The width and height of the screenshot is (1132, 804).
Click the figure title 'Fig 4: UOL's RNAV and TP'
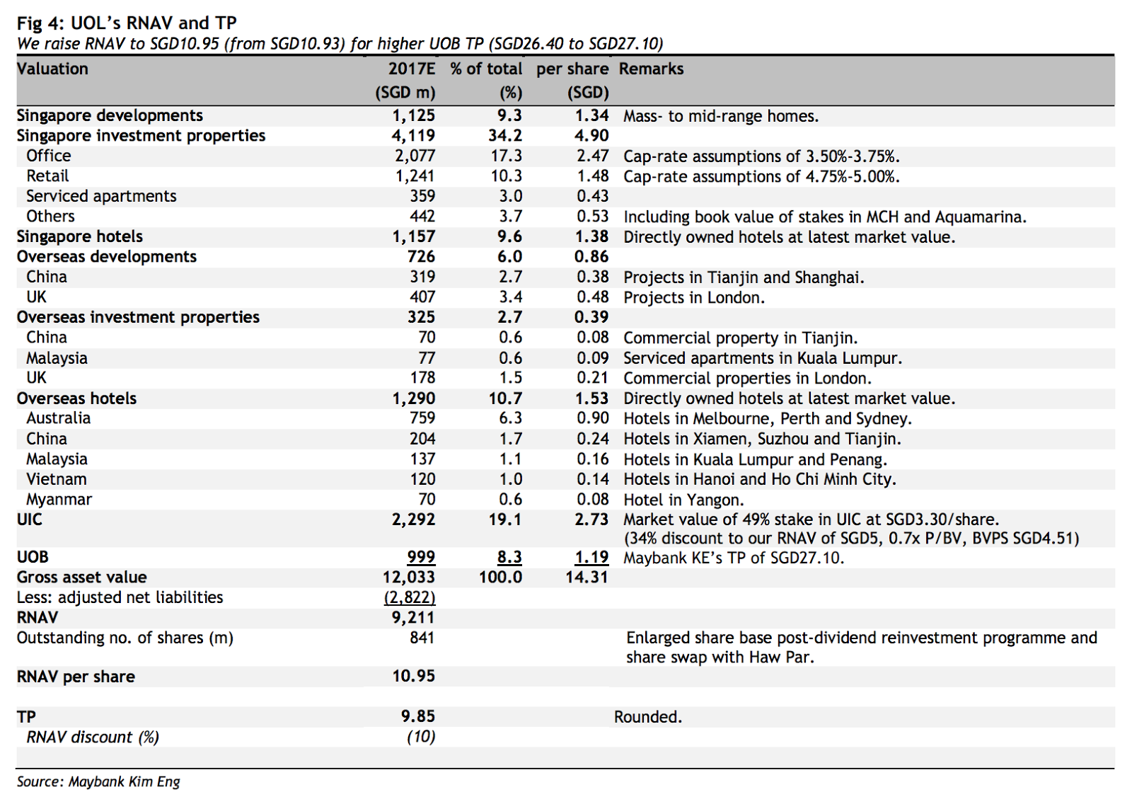pyautogui.click(x=127, y=23)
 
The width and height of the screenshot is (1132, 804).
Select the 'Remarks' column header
pyautogui.click(x=651, y=69)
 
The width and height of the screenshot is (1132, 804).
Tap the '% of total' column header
pyautogui.click(x=486, y=69)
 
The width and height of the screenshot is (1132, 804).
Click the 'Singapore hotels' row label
pyautogui.click(x=80, y=236)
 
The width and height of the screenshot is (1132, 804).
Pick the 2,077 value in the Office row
pyautogui.click(x=415, y=156)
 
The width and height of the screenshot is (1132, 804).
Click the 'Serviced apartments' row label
pyautogui.click(x=101, y=196)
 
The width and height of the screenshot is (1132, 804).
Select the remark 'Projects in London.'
pyautogui.click(x=694, y=297)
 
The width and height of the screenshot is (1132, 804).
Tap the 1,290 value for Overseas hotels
pyautogui.click(x=414, y=398)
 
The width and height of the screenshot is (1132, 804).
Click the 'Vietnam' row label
pyautogui.click(x=57, y=479)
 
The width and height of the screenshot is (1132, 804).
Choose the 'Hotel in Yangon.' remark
pyautogui.click(x=683, y=500)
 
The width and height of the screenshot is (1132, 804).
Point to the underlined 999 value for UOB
pyautogui.click(x=421, y=557)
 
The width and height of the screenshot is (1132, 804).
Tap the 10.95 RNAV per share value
pyautogui.click(x=414, y=676)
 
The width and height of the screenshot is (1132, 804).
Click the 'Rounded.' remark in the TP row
pyautogui.click(x=648, y=716)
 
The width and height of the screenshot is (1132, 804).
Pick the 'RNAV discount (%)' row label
pyautogui.click(x=93, y=737)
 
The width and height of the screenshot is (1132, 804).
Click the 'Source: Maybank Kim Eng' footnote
pyautogui.click(x=98, y=781)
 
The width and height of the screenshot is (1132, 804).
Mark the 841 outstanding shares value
pyautogui.click(x=422, y=638)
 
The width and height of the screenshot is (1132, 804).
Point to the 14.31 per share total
pyautogui.click(x=587, y=577)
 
